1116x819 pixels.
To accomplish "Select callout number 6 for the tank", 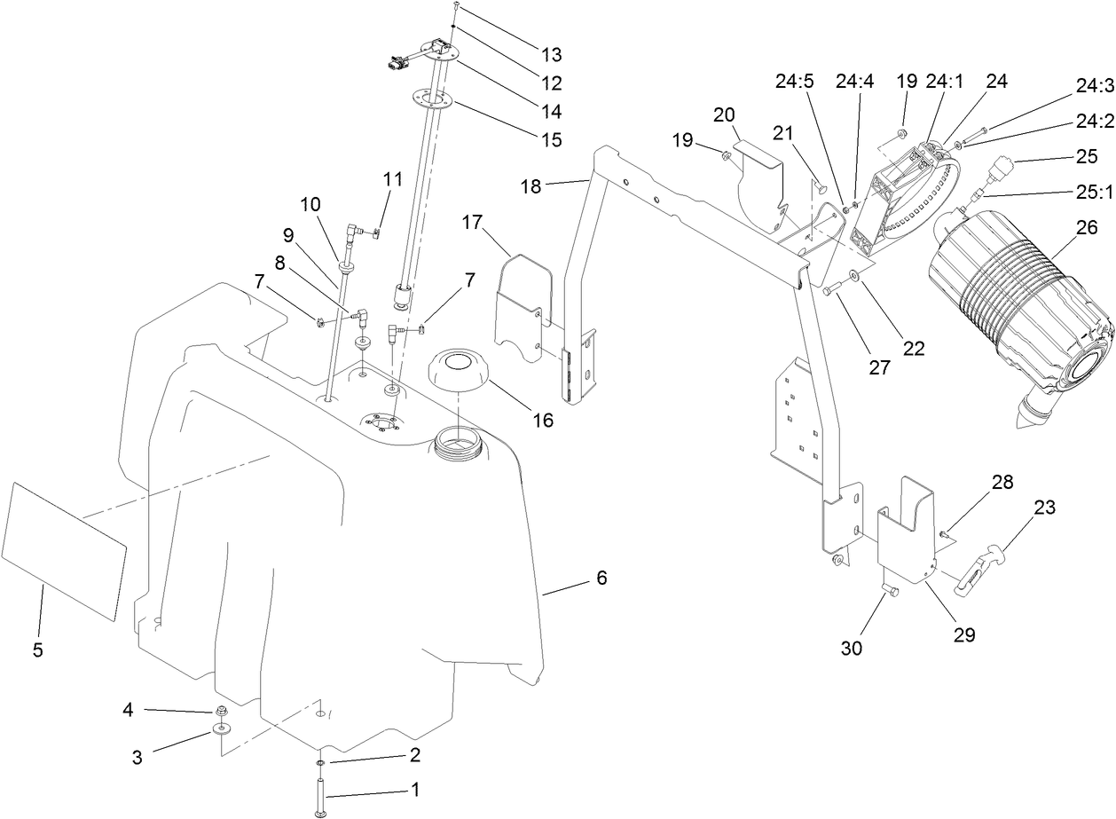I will click(x=601, y=579).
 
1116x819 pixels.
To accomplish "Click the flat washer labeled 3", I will click(x=221, y=730).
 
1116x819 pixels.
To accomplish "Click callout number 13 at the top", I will click(x=551, y=54).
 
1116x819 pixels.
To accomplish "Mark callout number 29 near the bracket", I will click(x=963, y=634).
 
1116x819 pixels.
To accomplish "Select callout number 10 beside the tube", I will click(x=310, y=204).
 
